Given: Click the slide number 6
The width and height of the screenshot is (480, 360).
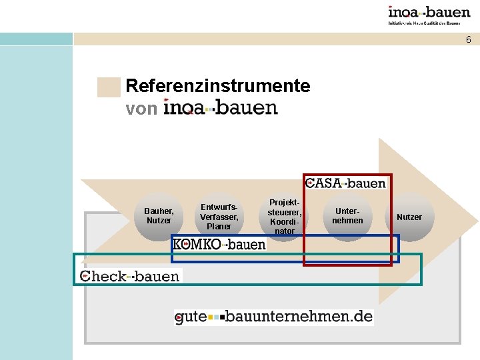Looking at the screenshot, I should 468,40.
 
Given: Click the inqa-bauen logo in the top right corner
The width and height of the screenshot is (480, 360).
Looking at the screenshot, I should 429,12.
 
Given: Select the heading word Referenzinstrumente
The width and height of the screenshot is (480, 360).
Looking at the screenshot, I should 217,86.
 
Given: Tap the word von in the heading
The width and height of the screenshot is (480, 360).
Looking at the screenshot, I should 141,108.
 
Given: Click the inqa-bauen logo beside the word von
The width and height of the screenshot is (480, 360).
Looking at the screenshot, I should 221,108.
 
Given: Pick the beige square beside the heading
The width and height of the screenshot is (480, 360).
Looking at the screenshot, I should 109,87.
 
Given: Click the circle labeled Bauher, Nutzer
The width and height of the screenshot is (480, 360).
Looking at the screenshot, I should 159,215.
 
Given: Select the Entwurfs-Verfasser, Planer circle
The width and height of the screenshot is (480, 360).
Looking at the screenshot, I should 219,215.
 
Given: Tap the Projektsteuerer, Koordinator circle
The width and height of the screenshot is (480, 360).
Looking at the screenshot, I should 285,215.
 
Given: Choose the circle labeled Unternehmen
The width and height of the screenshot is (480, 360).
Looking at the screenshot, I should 348,215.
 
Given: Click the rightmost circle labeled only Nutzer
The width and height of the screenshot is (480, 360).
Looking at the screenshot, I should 409,217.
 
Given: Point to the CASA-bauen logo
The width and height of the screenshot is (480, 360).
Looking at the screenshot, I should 345,183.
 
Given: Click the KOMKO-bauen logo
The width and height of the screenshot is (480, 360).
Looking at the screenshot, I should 219,245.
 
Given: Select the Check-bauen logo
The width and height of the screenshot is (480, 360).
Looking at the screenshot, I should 129,275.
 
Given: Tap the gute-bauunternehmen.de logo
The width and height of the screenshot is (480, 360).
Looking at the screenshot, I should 273,317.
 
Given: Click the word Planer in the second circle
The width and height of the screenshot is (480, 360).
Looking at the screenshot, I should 219,227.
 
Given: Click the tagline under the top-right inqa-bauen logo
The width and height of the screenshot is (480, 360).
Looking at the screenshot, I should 429,23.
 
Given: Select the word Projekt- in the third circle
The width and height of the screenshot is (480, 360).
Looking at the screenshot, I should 285,202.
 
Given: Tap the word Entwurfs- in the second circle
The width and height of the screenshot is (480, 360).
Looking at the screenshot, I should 219,207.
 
